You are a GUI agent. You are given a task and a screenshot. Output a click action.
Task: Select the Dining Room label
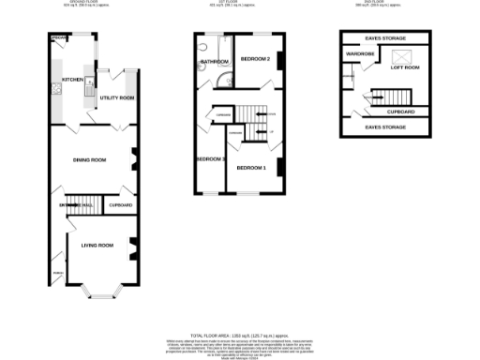pos(89,160)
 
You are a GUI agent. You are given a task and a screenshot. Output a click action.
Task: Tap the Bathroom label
pos(214,63)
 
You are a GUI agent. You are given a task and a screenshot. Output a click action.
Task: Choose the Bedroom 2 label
pos(255,59)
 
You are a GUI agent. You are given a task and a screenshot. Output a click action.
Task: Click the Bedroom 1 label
pos(250,168)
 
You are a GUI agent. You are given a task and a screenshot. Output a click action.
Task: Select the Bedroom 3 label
pos(210,158)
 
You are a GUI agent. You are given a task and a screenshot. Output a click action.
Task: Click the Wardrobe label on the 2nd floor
pos(360,54)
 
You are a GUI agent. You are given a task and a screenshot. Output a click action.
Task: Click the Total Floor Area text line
pos(240,334)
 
